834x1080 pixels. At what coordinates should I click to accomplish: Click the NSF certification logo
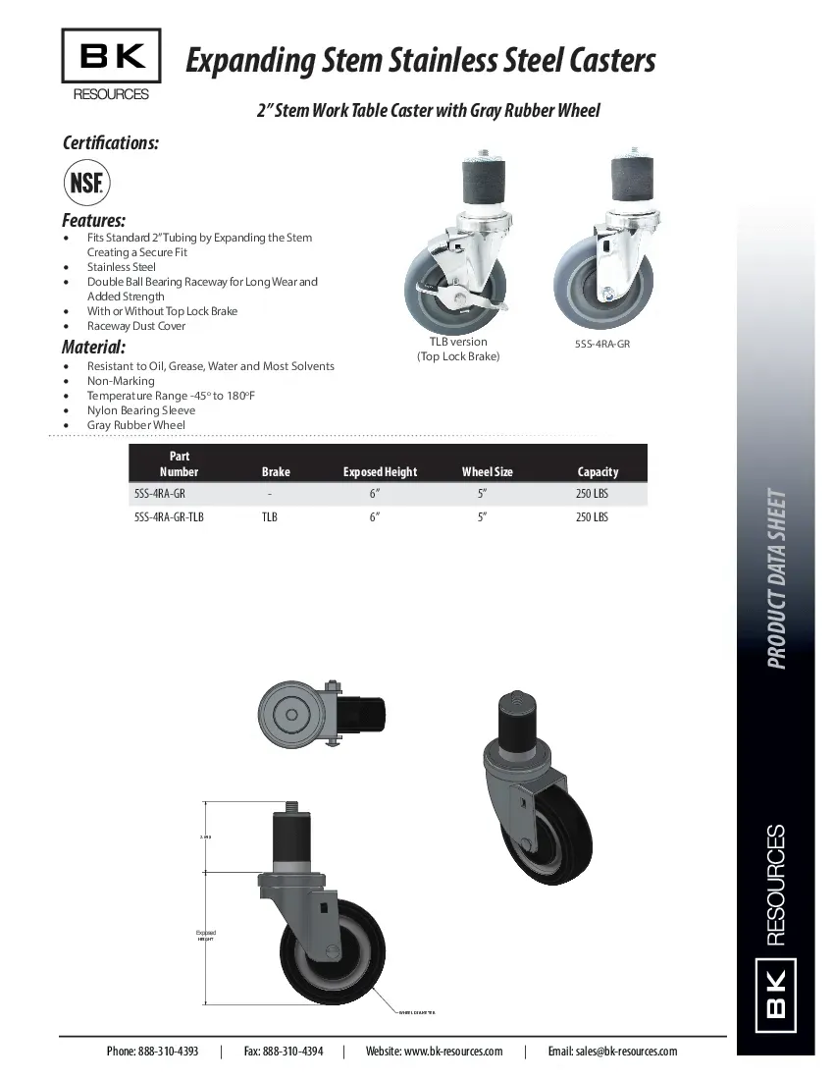coord(87,184)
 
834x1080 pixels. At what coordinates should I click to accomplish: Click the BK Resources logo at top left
coord(111,65)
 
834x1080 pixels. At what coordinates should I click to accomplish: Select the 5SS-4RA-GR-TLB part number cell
coord(169,516)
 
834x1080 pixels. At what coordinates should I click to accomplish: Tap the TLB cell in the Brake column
coord(270,516)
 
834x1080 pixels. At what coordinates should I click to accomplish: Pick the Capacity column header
coord(598,471)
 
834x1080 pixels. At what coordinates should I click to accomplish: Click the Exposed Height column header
coord(380,471)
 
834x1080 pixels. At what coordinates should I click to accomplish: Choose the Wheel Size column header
coord(488,471)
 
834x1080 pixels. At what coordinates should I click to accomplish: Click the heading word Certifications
coord(111,142)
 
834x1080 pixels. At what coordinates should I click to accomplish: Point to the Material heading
coord(94,347)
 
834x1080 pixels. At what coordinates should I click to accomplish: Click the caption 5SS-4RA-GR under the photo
coord(601,345)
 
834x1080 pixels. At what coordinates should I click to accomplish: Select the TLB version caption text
coord(457,342)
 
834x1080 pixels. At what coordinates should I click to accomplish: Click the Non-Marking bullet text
coord(121,381)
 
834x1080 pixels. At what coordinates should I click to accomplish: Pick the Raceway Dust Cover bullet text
coord(136,326)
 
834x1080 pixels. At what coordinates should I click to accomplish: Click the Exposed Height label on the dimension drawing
coord(205,935)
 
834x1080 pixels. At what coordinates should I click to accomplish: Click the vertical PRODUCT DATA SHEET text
coord(776,579)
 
